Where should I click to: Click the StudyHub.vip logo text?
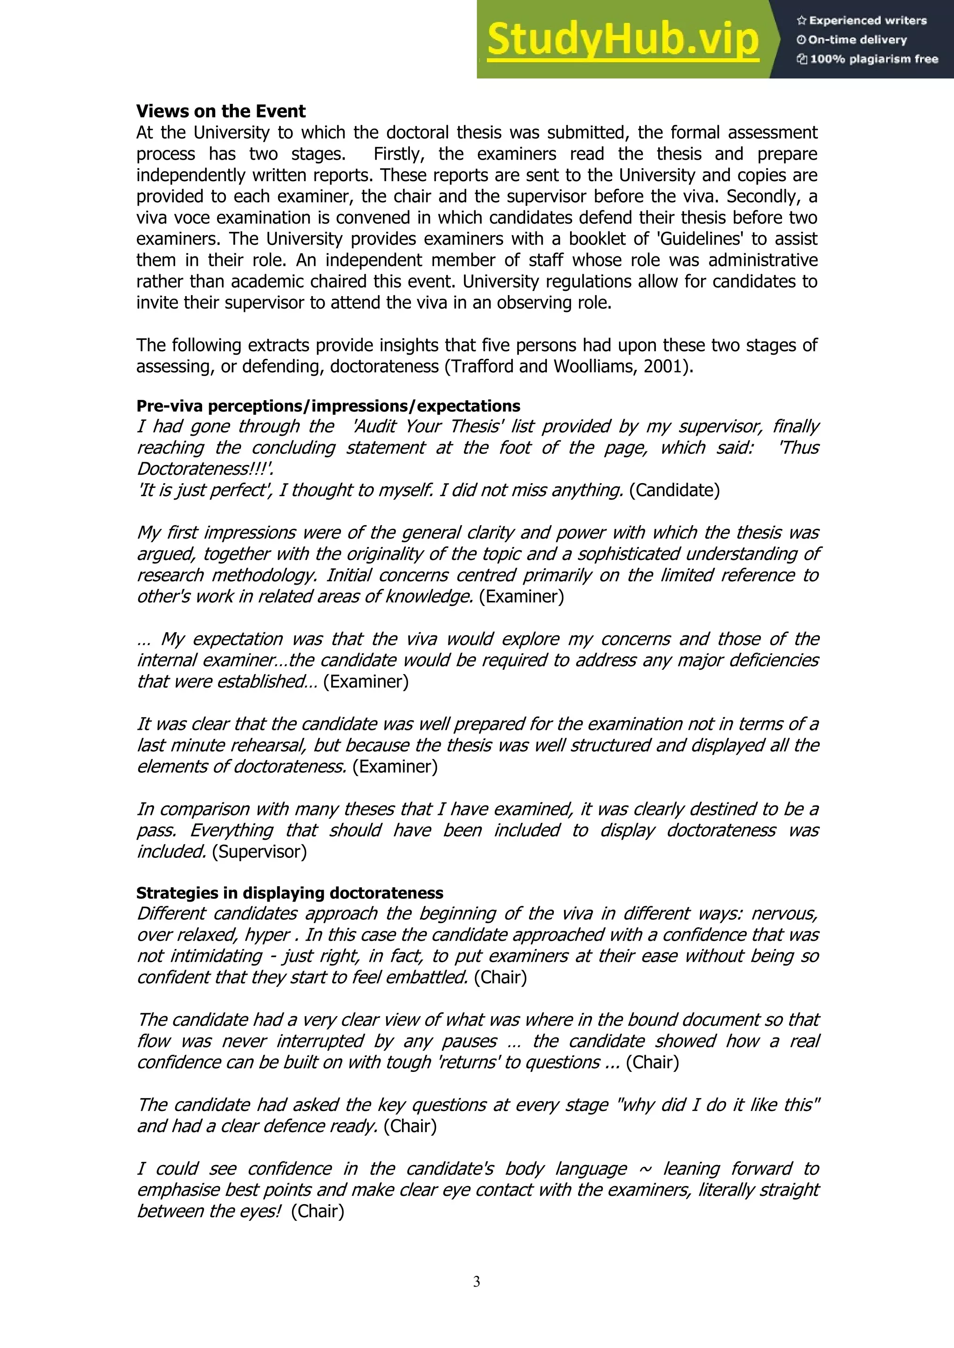(623, 40)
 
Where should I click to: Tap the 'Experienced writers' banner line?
(861, 20)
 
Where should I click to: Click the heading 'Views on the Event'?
(221, 111)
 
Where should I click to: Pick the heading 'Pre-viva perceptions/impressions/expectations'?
(328, 406)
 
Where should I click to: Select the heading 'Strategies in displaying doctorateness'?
(290, 893)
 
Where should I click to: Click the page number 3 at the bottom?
(477, 1281)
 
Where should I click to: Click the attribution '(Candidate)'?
(675, 490)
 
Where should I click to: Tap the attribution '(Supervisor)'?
(259, 851)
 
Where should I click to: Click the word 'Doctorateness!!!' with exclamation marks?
(204, 469)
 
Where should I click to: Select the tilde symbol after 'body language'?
(645, 1169)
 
